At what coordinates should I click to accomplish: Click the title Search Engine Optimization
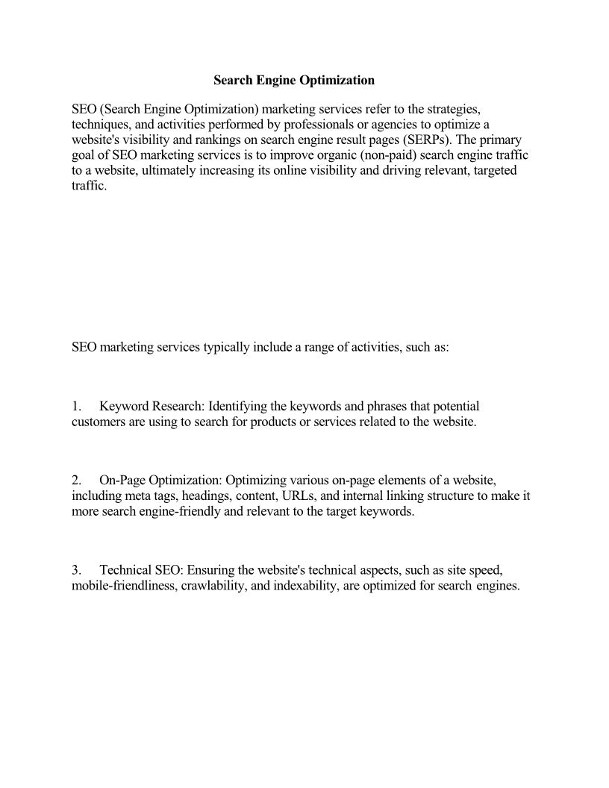(294, 79)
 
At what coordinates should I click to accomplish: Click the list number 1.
(76, 407)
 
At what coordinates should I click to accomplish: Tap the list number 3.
(76, 571)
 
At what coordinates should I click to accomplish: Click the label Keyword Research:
(152, 407)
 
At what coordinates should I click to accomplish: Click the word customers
(98, 422)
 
